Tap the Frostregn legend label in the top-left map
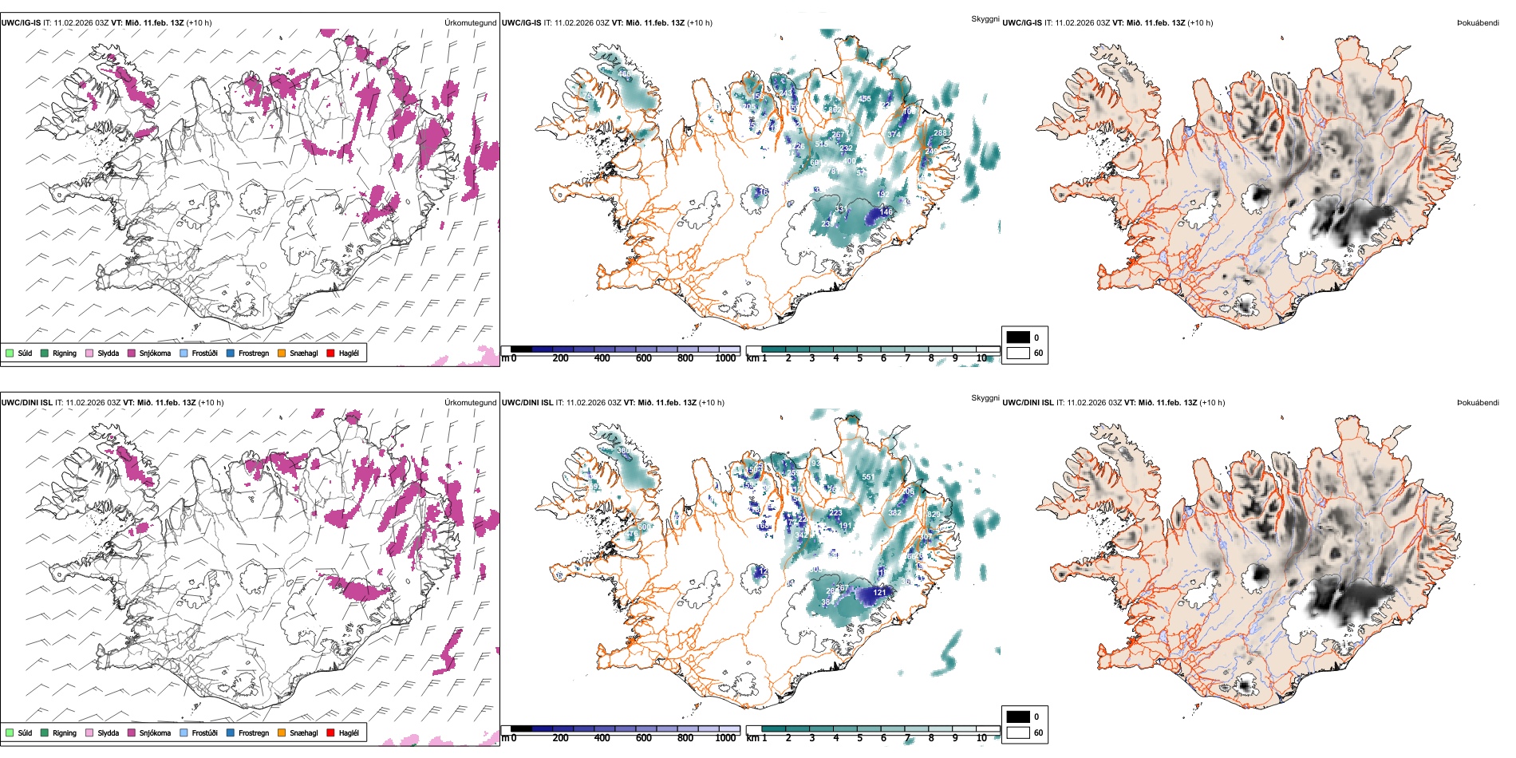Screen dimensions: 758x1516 (253, 353)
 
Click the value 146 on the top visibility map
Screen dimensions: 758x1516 (886, 212)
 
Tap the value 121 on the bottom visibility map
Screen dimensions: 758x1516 (879, 592)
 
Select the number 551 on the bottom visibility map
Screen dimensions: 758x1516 (868, 477)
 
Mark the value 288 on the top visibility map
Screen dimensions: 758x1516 (940, 133)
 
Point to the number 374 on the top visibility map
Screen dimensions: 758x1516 (894, 135)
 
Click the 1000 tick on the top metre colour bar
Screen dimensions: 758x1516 (725, 358)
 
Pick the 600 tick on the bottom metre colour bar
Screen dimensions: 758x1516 (644, 738)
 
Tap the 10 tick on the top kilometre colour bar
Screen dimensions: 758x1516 (981, 358)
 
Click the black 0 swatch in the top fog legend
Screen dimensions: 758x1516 (1018, 338)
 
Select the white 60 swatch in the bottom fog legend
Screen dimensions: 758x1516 (1018, 732)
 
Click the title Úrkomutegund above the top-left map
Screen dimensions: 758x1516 (470, 22)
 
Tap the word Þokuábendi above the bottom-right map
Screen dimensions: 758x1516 (1478, 402)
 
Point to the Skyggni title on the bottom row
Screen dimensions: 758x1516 (985, 397)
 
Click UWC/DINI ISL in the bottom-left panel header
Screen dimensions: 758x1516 (26, 402)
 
